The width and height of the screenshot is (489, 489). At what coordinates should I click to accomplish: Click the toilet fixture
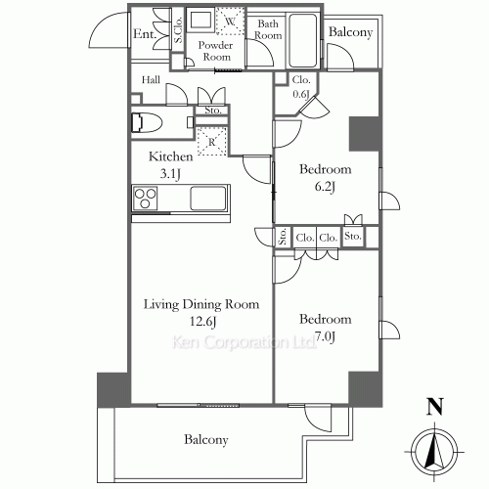point(147,122)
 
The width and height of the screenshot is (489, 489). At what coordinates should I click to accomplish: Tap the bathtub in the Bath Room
point(303,40)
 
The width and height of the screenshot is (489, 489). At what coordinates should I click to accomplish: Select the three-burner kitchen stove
point(145,198)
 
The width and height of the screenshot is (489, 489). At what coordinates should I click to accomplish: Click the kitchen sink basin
point(208,198)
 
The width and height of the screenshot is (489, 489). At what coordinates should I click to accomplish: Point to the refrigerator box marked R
point(212,141)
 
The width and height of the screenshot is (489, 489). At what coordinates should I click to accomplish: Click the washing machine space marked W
point(230,22)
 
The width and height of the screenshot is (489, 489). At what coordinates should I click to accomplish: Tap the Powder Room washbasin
point(200,20)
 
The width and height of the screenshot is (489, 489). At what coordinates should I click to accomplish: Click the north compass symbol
point(434,452)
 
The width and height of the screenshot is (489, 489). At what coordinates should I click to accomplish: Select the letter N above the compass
point(435,406)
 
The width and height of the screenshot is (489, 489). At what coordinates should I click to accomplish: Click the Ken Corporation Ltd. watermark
point(244,342)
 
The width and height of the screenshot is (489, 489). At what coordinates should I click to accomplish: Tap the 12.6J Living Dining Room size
point(202,322)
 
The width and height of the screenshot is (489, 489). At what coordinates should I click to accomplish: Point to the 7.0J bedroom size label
point(325,336)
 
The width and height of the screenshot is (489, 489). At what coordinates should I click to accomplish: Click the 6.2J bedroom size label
point(325,187)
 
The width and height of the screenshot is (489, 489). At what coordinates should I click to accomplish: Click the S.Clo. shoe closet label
point(178,30)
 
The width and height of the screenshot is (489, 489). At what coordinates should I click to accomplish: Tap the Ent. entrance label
point(144,33)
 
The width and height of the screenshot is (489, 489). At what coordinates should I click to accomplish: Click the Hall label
point(151,80)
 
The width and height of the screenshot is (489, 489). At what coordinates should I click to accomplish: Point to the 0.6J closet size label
point(301,94)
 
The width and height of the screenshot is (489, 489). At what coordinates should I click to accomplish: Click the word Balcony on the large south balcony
point(206,440)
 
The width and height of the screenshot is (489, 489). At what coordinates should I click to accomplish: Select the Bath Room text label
point(268,29)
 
